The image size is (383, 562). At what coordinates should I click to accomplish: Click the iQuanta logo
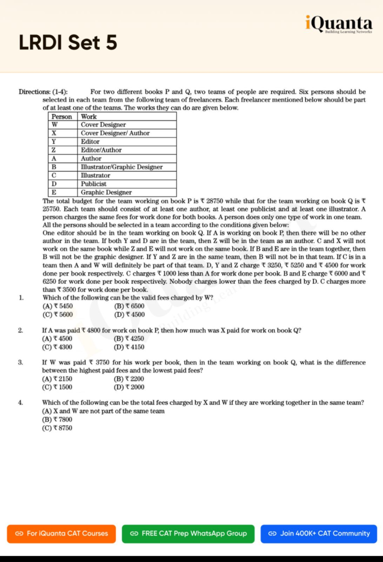(339, 25)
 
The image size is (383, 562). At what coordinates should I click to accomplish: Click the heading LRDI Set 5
(68, 43)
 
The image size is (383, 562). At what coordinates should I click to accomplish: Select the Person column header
(61, 116)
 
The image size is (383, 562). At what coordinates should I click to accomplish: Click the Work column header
(89, 116)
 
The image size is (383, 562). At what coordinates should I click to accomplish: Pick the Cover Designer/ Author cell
(115, 133)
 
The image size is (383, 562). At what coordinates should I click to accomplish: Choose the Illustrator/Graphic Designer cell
(122, 167)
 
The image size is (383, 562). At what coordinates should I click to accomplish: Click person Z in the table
(54, 150)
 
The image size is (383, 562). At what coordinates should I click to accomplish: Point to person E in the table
(54, 193)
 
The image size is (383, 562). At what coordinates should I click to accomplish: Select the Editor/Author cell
(102, 150)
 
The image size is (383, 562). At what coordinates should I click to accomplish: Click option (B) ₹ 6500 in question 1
(129, 306)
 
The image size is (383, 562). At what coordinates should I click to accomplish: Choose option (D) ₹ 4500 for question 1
(129, 314)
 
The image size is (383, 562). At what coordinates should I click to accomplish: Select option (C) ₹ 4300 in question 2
(57, 347)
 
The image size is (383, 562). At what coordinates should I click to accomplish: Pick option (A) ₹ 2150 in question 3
(57, 379)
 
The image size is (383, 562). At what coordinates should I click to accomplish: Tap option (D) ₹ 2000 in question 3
(129, 387)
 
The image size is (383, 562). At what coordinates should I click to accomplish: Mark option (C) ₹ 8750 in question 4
(57, 428)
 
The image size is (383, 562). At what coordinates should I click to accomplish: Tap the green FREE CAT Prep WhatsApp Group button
(188, 533)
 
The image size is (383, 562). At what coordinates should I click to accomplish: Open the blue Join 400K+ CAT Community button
(319, 533)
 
